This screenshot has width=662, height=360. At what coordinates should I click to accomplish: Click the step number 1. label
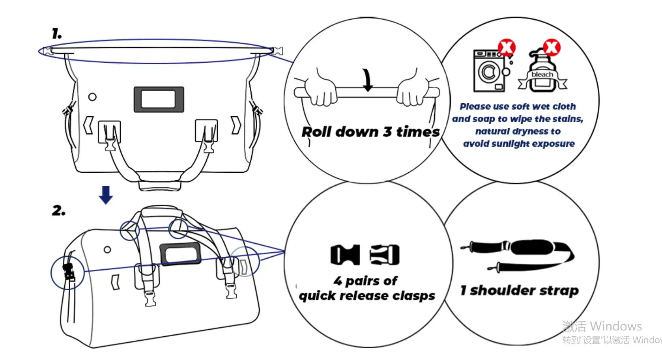coord(57,34)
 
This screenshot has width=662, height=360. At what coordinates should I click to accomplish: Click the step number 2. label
coord(58,211)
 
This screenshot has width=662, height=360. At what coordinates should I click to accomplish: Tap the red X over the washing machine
coord(507,48)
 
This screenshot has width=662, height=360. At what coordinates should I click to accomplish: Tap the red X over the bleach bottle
coord(552,47)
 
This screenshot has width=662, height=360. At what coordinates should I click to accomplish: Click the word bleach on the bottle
coord(542,74)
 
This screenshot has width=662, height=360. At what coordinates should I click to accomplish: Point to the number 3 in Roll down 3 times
coord(387,132)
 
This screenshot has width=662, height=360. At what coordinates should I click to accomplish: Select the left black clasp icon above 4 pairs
coord(345,255)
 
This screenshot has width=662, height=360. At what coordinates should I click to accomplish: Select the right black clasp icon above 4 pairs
coord(385,255)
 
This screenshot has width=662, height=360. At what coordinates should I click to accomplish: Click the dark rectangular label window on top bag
coord(159,99)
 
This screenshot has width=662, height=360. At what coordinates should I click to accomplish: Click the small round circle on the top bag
coord(92,97)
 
